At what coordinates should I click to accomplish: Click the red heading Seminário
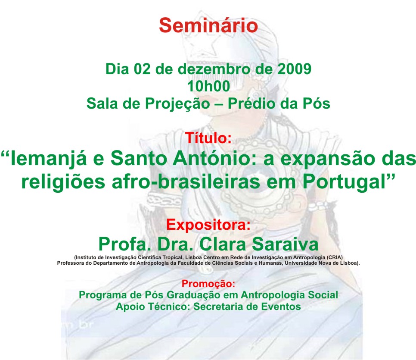208,25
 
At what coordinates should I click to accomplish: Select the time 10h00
208,86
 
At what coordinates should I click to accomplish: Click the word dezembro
214,69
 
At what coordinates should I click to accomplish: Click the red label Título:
208,138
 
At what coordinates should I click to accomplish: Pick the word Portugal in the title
344,183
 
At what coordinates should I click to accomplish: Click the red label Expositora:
208,225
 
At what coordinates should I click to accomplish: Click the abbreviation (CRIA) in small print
335,257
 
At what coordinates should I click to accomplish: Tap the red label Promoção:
208,284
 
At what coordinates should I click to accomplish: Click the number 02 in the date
142,69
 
